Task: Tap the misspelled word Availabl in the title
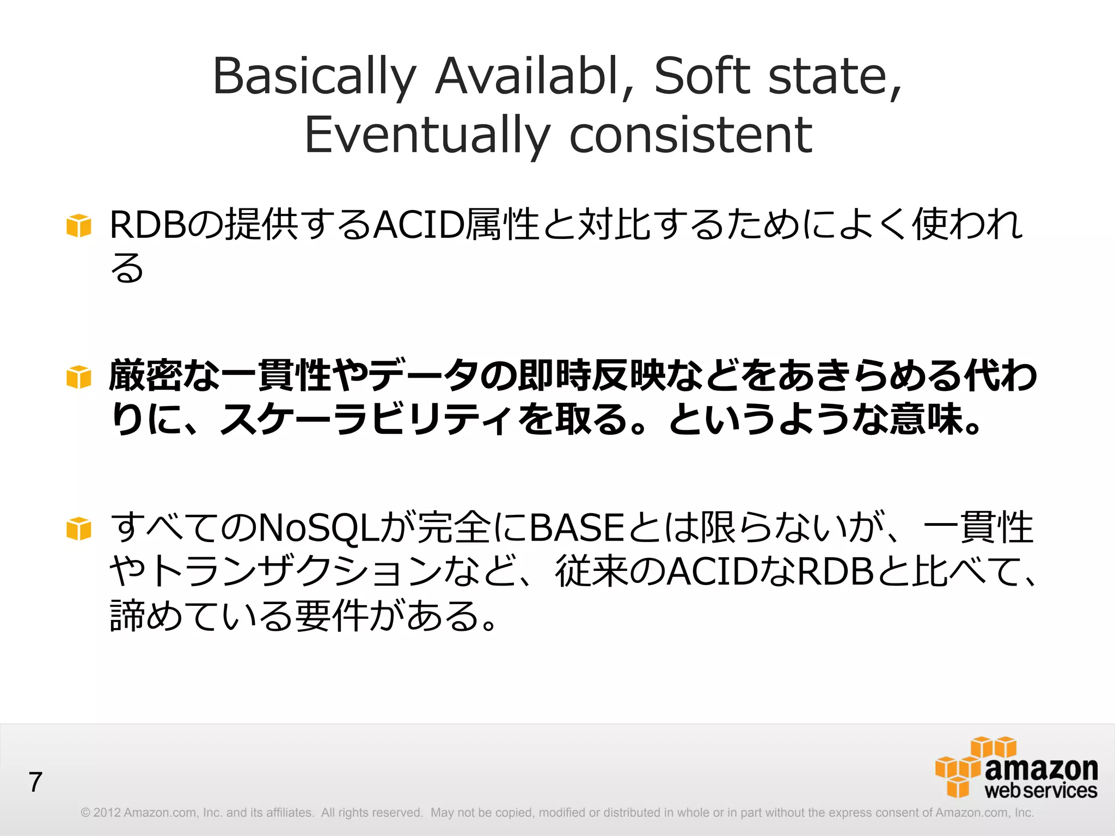point(527,76)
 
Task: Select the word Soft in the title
point(702,76)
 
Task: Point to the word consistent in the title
point(690,135)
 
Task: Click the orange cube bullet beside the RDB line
point(79,225)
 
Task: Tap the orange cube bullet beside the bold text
point(79,377)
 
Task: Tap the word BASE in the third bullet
point(577,528)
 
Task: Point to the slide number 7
point(35,782)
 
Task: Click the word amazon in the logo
point(1041,769)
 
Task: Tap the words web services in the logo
point(1040,791)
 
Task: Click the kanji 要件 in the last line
point(330,616)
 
